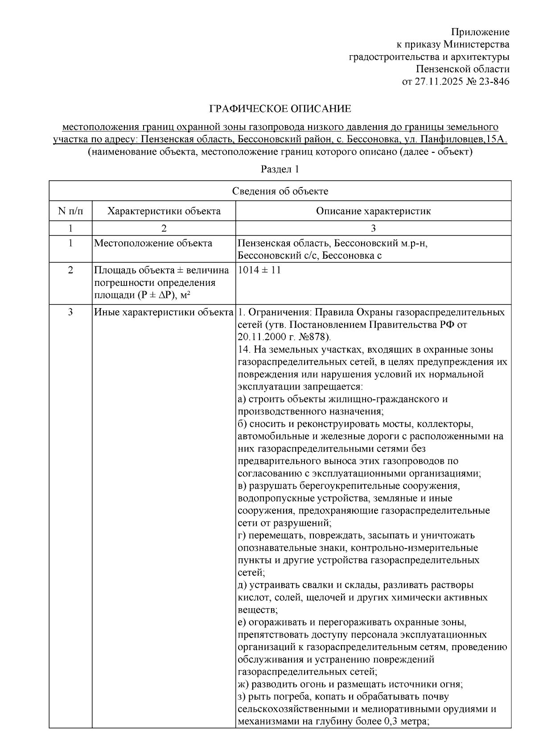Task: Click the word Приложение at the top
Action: tap(480, 32)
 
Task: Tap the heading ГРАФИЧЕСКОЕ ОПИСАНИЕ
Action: tap(280, 109)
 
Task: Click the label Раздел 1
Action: tap(280, 169)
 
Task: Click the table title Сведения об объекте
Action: tap(280, 191)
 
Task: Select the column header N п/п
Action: tap(70, 211)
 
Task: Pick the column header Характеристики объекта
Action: tap(164, 211)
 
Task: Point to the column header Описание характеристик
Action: tap(373, 211)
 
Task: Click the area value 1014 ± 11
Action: tap(259, 270)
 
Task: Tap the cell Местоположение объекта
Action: tap(153, 243)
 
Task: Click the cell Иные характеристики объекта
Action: tap(164, 312)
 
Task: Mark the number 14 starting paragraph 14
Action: tap(243, 349)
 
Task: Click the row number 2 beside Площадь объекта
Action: tap(70, 270)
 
